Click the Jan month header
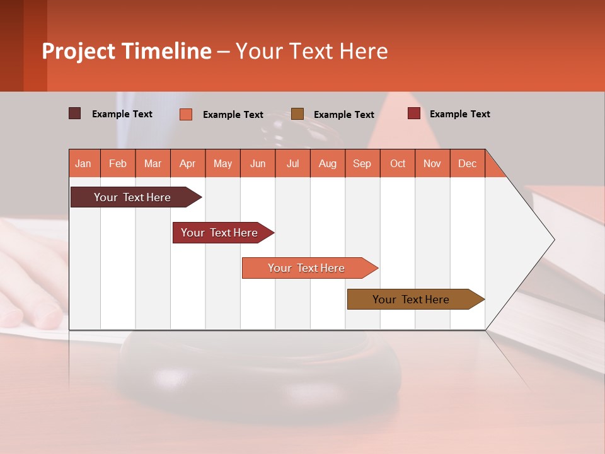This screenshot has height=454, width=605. click(83, 163)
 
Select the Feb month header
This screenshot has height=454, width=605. click(118, 163)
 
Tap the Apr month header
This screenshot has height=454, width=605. click(187, 163)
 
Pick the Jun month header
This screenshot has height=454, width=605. click(258, 163)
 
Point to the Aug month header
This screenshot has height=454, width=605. click(327, 163)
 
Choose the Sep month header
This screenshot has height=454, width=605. click(362, 163)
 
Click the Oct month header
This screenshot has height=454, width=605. click(398, 163)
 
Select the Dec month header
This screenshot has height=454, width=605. click(467, 163)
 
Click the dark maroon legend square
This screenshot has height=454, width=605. click(75, 113)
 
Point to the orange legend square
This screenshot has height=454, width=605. click(186, 114)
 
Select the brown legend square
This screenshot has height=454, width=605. click(297, 113)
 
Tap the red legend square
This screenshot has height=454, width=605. click(414, 113)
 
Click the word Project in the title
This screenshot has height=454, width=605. click(79, 51)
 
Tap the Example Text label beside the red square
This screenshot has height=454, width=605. click(459, 114)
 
